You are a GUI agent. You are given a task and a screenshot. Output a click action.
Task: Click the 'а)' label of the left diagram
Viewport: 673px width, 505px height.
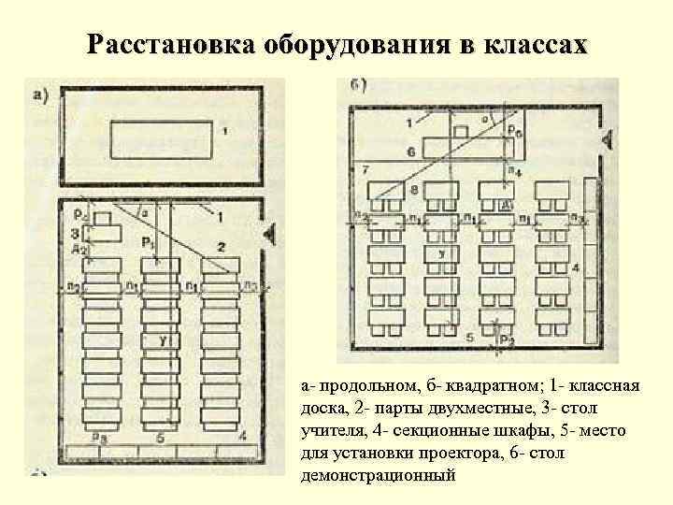click(x=41, y=92)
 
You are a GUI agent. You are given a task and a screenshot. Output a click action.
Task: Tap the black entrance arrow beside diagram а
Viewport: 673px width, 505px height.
click(x=271, y=234)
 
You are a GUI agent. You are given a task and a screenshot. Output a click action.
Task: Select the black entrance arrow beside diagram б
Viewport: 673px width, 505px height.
click(x=608, y=140)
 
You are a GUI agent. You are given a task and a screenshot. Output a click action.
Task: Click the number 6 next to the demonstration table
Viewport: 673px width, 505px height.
click(x=411, y=150)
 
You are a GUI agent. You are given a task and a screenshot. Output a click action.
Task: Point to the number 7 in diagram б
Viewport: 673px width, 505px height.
click(x=365, y=170)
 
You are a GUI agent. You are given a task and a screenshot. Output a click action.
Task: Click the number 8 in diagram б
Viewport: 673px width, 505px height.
click(x=414, y=190)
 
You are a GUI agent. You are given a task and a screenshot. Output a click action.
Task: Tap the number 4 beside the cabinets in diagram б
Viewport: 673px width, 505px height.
click(x=576, y=268)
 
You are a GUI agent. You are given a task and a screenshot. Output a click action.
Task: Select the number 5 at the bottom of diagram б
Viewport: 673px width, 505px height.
click(x=469, y=335)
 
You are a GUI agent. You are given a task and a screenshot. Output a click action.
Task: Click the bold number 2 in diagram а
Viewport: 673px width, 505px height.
click(x=221, y=246)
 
